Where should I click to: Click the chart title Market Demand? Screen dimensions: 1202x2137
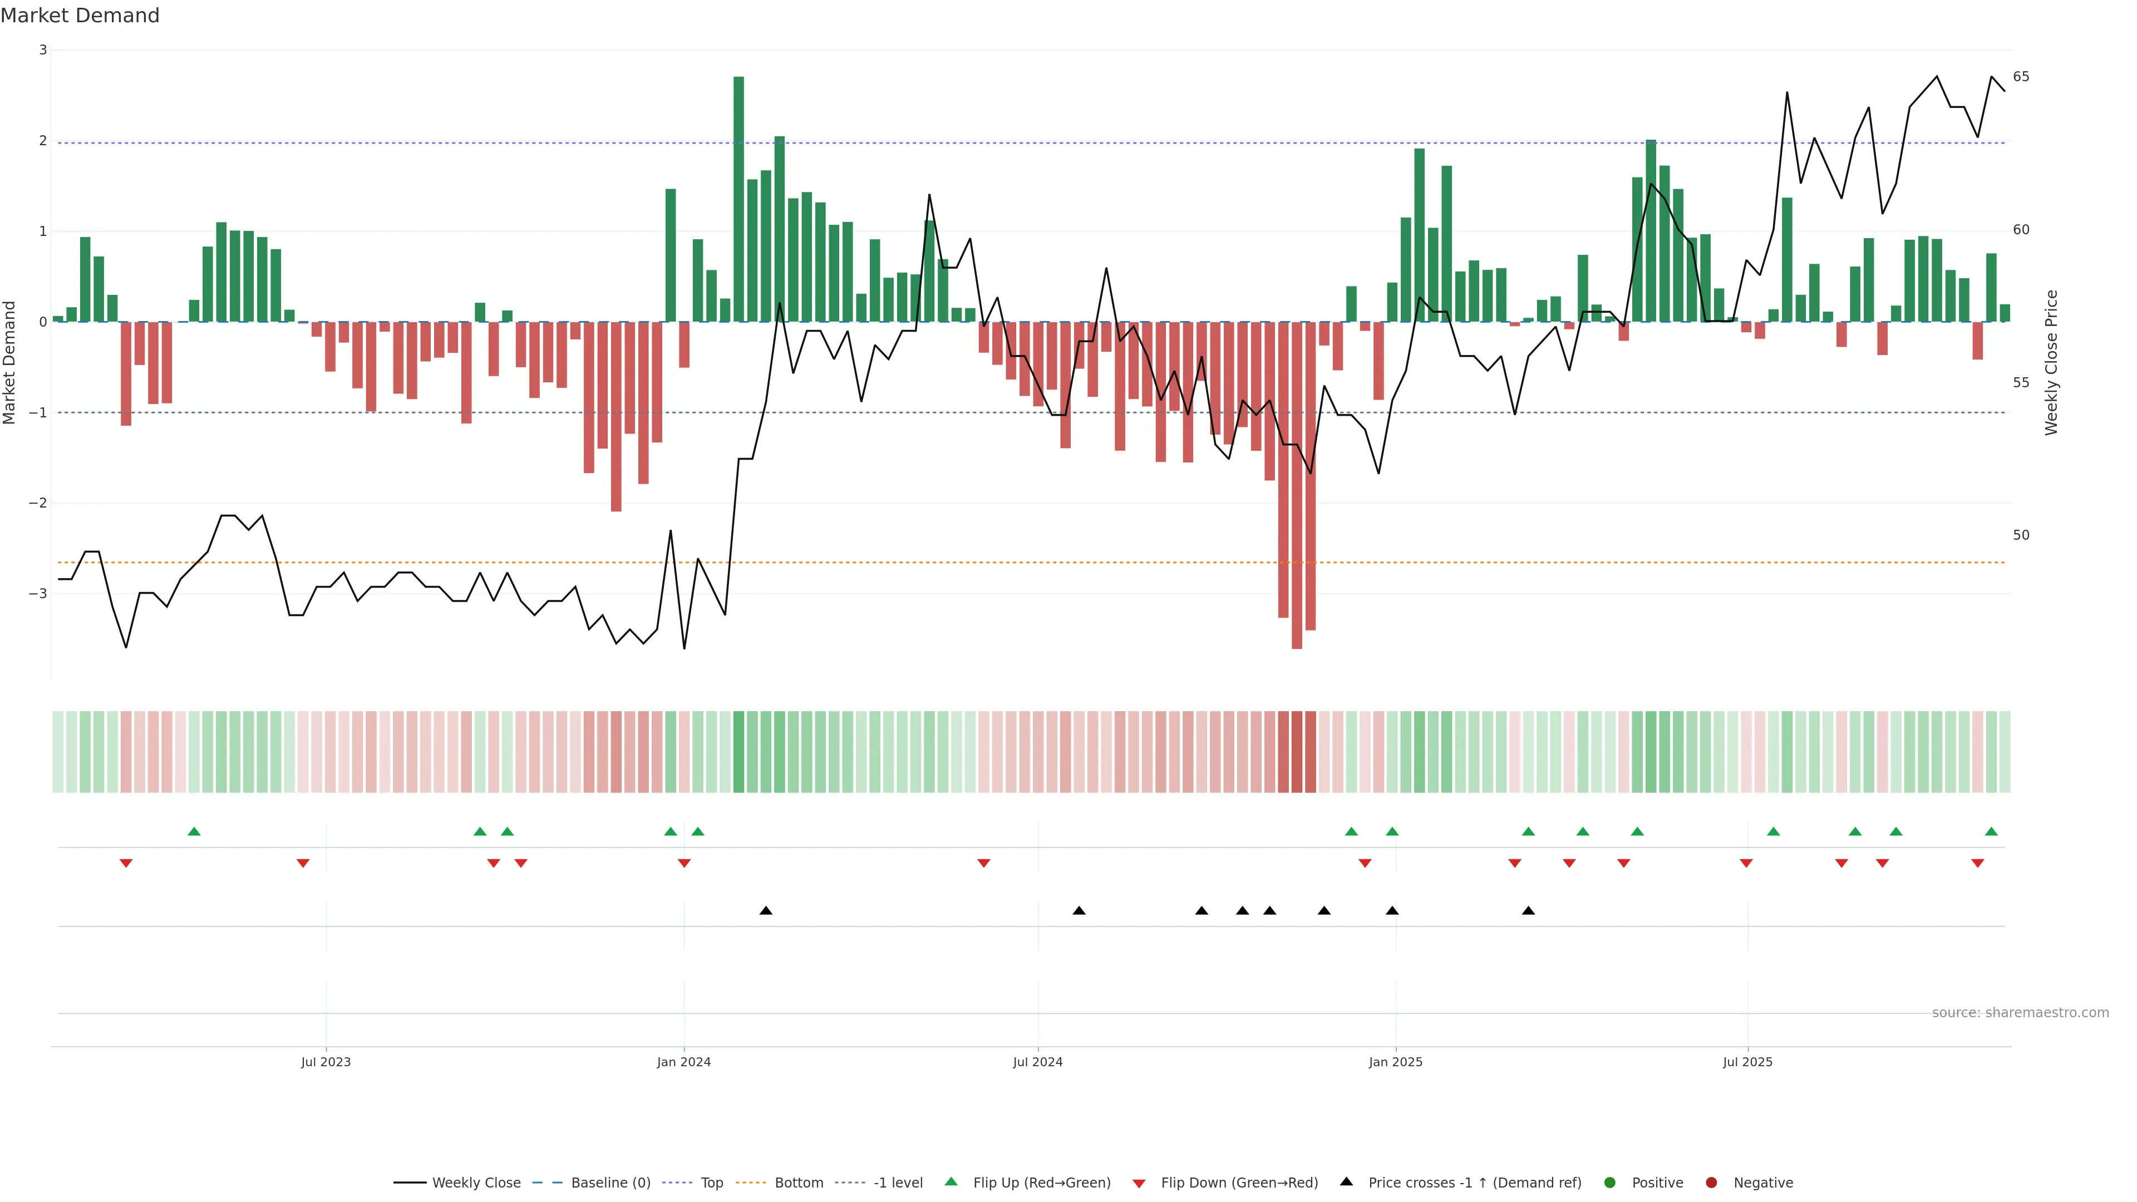(80, 16)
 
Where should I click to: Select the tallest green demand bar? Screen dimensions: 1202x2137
(738, 199)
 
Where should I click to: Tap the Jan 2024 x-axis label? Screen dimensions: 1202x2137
(683, 1062)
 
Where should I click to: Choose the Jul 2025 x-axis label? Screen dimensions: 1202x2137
(1747, 1062)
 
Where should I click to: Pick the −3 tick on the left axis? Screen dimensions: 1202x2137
(38, 594)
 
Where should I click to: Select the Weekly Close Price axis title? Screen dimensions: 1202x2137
(2051, 362)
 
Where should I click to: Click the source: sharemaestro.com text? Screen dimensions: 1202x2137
(2020, 1013)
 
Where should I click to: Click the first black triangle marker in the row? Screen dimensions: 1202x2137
(766, 911)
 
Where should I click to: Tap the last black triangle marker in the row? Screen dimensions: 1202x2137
(1528, 911)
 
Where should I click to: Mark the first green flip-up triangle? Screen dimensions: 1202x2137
(194, 831)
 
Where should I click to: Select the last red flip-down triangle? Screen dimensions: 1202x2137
(1978, 864)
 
